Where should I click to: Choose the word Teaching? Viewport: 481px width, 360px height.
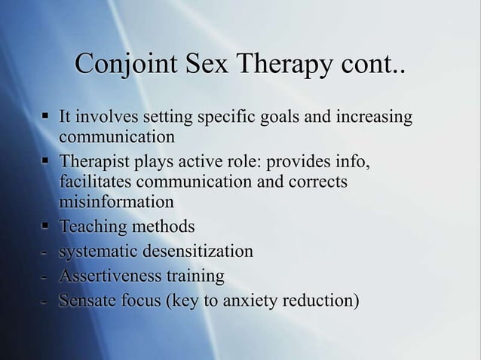pyautogui.click(x=93, y=227)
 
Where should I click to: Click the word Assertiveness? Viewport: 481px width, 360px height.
pyautogui.click(x=109, y=276)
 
